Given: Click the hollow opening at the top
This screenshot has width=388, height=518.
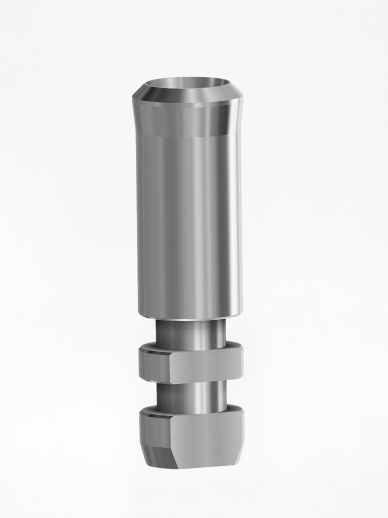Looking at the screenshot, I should [187, 84].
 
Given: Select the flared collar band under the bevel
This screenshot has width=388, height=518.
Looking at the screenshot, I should [187, 120].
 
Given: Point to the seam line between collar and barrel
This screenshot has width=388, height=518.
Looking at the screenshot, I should [187, 136].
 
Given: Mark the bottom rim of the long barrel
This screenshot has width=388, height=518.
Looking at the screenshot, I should [189, 316].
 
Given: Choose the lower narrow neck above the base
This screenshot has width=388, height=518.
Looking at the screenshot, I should [191, 397].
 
